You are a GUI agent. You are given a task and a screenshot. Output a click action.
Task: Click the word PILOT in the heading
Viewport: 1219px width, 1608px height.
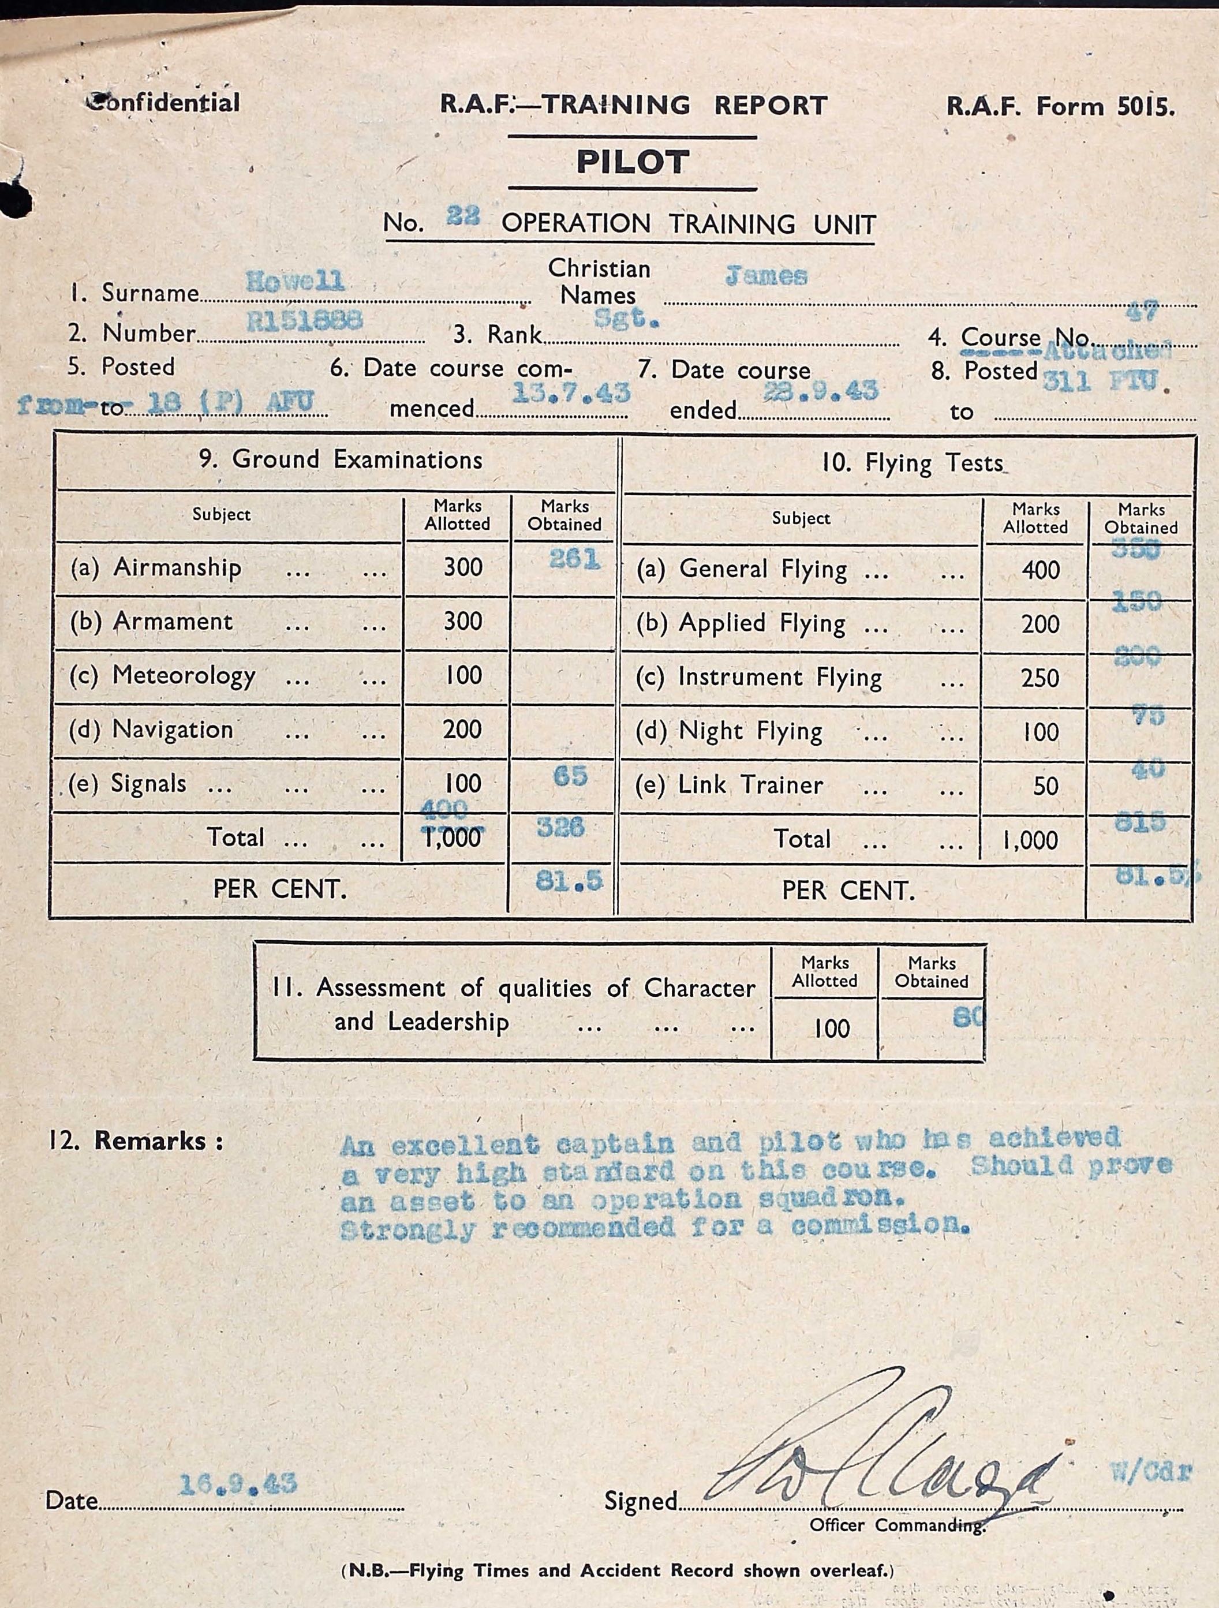[x=633, y=162]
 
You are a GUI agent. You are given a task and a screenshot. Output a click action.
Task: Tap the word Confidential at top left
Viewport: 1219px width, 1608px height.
[x=163, y=103]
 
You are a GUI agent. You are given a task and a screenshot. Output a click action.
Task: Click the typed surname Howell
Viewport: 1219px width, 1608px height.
[x=295, y=281]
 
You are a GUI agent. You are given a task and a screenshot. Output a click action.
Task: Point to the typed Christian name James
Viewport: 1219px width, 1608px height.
[x=765, y=276]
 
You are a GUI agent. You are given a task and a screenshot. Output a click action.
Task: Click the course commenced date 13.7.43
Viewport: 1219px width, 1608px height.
[x=571, y=392]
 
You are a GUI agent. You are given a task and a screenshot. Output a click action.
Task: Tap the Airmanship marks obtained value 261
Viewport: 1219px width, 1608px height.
[x=574, y=559]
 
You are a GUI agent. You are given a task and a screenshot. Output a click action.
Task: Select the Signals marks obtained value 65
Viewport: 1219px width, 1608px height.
[x=570, y=776]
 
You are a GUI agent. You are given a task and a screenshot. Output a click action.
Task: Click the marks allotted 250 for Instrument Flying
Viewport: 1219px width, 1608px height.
[x=1039, y=678]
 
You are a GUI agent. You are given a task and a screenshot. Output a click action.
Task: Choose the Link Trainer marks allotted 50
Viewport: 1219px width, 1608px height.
[x=1045, y=786]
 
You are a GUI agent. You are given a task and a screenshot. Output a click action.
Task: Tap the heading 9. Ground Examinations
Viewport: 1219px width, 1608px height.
[x=340, y=459]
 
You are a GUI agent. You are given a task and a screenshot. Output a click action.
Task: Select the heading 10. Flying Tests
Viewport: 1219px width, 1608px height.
[x=911, y=462]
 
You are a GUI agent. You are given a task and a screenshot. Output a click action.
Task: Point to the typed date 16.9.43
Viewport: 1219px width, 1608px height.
[x=238, y=1482]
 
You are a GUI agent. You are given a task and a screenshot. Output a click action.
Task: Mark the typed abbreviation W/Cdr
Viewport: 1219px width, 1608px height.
[x=1151, y=1471]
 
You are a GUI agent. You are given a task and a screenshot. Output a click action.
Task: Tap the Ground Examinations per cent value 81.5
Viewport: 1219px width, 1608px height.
[x=569, y=881]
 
